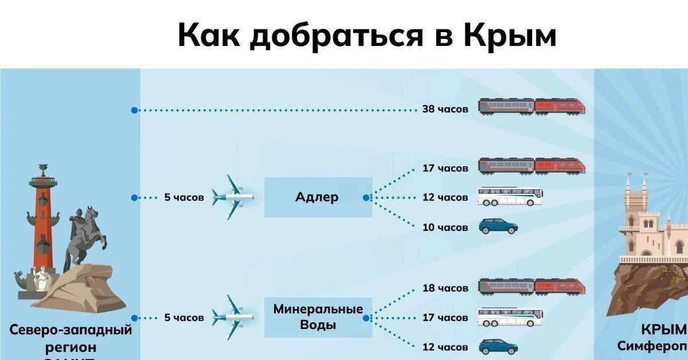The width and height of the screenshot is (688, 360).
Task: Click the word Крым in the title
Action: pyautogui.click(x=509, y=36)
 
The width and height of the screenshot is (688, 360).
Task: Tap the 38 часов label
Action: pyautogui.click(x=445, y=108)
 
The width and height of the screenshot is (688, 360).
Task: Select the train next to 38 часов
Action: pyautogui.click(x=531, y=107)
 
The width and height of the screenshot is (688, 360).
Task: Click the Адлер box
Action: pyautogui.click(x=318, y=197)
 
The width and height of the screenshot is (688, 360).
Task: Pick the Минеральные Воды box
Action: pyautogui.click(x=318, y=317)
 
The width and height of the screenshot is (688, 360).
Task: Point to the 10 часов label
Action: pyautogui.click(x=445, y=228)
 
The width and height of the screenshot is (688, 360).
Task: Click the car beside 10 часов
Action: pyautogui.click(x=498, y=226)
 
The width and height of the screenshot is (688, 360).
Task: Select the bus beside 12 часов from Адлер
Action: pyautogui.click(x=510, y=197)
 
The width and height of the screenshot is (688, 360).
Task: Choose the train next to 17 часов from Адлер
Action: pyautogui.click(x=531, y=166)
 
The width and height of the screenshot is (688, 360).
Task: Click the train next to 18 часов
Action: pyautogui.click(x=531, y=287)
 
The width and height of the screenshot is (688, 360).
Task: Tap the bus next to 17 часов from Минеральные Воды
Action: pyautogui.click(x=510, y=317)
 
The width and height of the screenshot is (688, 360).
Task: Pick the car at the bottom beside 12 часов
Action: pyautogui.click(x=498, y=347)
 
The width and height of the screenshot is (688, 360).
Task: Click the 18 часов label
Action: pyautogui.click(x=445, y=288)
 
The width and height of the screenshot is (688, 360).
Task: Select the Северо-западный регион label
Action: pyautogui.click(x=70, y=338)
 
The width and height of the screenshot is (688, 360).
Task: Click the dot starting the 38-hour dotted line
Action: pyautogui.click(x=134, y=110)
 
